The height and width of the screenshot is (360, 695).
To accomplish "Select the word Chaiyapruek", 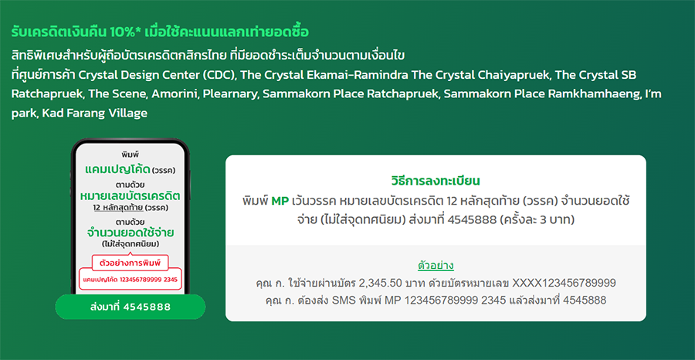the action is (512, 76).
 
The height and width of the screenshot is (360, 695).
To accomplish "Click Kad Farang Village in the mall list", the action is (94, 114).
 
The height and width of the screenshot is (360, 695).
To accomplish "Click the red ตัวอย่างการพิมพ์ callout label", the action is (131, 263).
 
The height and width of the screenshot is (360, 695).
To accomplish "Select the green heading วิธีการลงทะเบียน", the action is (436, 181).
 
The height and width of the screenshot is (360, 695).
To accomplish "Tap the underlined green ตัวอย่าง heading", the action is (436, 266).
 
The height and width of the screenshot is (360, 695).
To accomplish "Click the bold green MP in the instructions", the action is (280, 201).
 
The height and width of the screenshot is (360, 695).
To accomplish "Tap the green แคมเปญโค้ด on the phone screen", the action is (117, 169).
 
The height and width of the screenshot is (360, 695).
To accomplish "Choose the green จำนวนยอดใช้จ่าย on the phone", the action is (131, 233).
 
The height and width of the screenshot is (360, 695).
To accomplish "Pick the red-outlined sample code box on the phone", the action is (131, 280).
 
